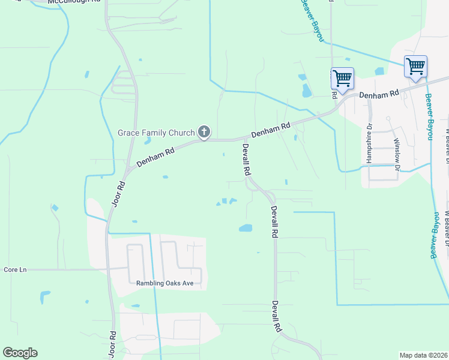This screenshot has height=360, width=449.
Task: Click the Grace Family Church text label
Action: click(156, 133)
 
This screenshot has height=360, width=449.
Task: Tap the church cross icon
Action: click(204, 132)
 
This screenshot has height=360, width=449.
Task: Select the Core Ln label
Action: click(16, 270)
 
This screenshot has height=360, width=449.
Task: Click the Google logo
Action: click(20, 353)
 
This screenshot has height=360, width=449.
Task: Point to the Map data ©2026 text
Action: click(423, 355)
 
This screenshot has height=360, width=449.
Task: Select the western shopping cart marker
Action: click(342, 78)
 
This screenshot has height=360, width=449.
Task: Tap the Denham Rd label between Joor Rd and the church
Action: click(155, 156)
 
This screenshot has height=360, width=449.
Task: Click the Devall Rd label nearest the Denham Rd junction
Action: click(246, 159)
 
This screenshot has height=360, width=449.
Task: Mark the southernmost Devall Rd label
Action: click(277, 317)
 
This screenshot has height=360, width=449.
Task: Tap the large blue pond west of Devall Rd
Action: click(246, 228)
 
